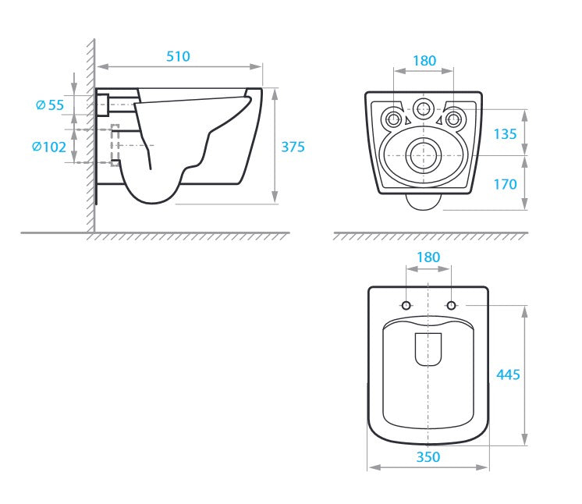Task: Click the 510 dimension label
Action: click(178, 56)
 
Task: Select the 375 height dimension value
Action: click(293, 147)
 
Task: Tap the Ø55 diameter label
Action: click(50, 105)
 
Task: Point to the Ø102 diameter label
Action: click(49, 147)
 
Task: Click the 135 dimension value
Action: click(505, 133)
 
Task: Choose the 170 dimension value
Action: click(505, 184)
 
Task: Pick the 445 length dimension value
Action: click(508, 374)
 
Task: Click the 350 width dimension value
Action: click(428, 457)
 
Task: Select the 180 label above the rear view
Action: click(424, 61)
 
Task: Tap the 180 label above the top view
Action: click(428, 257)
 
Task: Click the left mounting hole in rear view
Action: click(395, 119)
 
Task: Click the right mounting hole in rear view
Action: click(453, 119)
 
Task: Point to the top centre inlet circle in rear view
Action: click(424, 108)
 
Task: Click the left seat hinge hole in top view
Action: click(406, 305)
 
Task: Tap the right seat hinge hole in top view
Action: click(451, 305)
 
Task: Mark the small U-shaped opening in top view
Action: click(428, 350)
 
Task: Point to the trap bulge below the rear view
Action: click(424, 203)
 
